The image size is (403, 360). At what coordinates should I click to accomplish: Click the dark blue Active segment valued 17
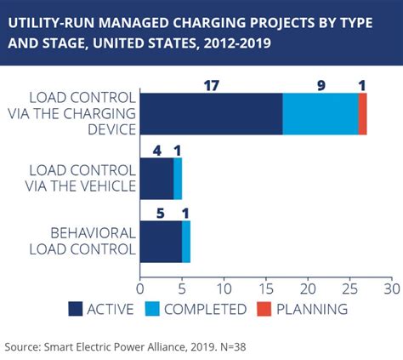tap(212, 114)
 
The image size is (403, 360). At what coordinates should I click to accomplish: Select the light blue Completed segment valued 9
tap(321, 114)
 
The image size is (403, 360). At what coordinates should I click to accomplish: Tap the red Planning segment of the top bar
tap(363, 114)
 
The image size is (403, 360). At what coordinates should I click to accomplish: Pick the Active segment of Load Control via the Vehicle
tap(157, 179)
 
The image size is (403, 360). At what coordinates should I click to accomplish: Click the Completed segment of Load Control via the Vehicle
tap(178, 179)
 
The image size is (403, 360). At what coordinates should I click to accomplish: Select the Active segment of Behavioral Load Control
tap(161, 242)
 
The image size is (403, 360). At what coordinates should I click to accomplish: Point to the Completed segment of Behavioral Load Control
tap(186, 242)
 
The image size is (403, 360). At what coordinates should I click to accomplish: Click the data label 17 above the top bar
tap(212, 86)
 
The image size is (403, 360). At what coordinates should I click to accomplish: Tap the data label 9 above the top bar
tap(321, 86)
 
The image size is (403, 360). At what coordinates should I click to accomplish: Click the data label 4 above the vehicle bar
tap(157, 151)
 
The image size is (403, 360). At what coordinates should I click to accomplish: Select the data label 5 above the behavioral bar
tap(161, 214)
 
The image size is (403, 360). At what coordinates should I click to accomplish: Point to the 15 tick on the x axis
tap(266, 289)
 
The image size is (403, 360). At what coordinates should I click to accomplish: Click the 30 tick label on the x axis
tap(392, 289)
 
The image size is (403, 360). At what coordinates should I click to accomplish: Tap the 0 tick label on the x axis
tap(140, 289)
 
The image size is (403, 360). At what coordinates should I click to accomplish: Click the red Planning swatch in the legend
tap(264, 309)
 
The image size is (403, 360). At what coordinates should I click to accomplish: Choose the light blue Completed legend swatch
tap(152, 309)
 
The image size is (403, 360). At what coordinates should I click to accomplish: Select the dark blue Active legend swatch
tap(76, 309)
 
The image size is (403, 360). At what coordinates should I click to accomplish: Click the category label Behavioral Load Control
tap(82, 242)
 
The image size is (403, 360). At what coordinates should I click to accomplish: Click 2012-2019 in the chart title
tap(237, 43)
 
